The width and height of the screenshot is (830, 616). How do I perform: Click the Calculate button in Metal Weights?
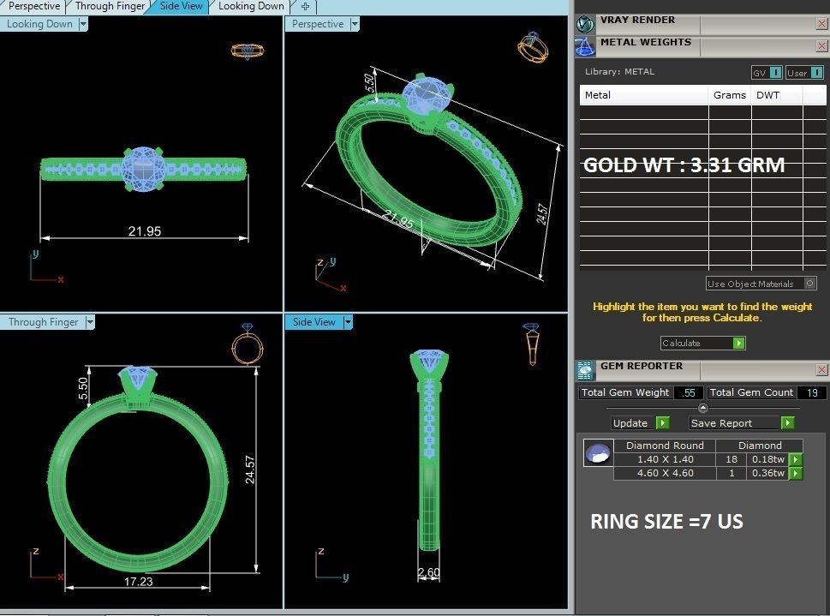(x=702, y=343)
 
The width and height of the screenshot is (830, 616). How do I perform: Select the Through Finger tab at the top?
(x=110, y=6)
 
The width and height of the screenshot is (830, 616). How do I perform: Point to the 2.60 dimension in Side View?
(x=429, y=572)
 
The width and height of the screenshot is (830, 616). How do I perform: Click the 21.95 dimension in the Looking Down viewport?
(x=144, y=230)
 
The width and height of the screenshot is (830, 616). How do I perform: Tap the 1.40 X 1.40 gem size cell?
(x=665, y=459)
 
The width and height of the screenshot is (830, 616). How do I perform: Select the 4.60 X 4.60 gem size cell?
(x=665, y=473)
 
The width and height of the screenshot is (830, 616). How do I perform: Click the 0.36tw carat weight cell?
(x=767, y=473)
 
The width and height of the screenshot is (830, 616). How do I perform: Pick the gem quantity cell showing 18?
(x=731, y=459)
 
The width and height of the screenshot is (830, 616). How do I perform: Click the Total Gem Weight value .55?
(x=688, y=392)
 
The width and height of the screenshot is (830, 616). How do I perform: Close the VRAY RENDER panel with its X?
(x=821, y=24)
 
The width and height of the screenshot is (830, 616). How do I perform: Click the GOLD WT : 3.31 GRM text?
(x=684, y=165)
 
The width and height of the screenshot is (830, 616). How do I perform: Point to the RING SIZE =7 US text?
(x=666, y=522)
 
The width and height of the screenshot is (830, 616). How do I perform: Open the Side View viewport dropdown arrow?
(x=348, y=322)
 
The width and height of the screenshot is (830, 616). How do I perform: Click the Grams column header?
(x=729, y=95)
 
